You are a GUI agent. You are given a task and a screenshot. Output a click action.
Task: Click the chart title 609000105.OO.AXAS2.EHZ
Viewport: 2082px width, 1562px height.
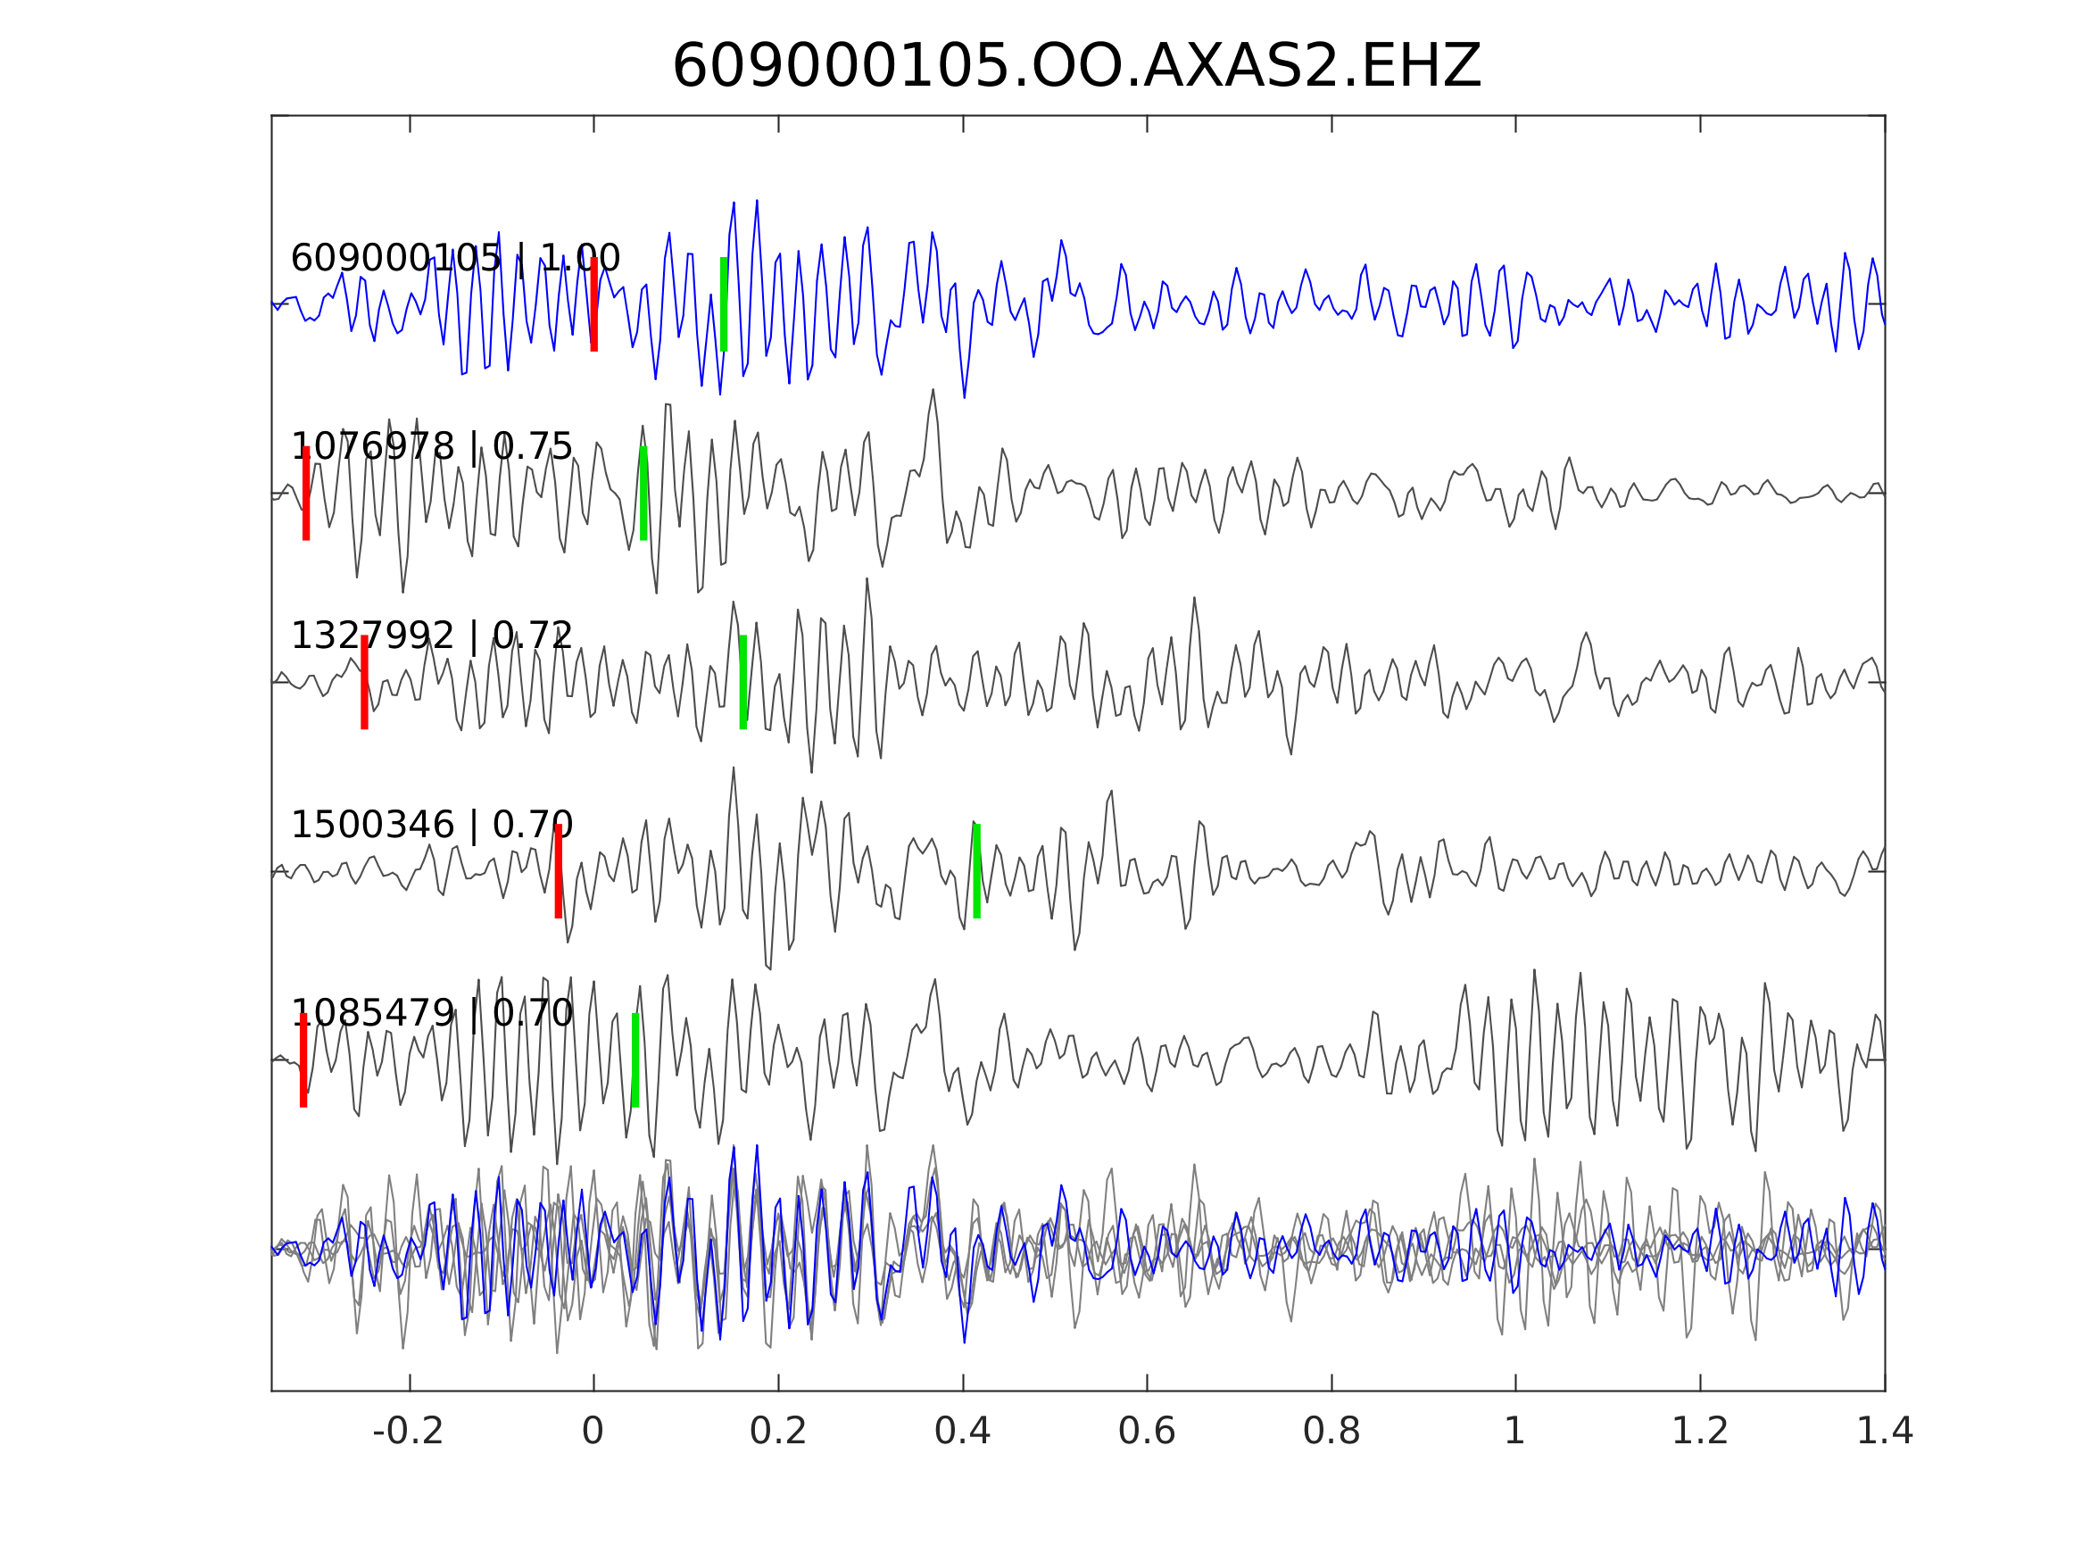coord(1076,67)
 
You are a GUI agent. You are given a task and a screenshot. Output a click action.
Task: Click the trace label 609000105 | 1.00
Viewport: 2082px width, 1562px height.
coord(454,258)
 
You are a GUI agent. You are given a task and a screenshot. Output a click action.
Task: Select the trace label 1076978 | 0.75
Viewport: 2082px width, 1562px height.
coord(431,446)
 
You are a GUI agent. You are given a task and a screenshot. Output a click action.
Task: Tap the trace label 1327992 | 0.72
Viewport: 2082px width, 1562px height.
coord(431,636)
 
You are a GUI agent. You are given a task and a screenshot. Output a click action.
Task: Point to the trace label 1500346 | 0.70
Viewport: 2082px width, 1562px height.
coord(431,825)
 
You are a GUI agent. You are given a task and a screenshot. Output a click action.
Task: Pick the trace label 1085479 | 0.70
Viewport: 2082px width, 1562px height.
coord(431,1013)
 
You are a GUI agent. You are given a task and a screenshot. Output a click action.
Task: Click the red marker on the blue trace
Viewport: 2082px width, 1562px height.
coord(594,304)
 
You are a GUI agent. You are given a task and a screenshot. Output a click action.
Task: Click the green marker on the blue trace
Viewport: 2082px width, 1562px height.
coord(724,304)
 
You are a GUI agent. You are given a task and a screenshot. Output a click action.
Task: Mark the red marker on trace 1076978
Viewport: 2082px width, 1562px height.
coord(306,494)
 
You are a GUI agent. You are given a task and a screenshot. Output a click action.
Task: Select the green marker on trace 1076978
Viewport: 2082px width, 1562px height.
coord(643,494)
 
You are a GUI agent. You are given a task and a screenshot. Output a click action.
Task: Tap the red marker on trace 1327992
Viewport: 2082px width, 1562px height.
coord(364,682)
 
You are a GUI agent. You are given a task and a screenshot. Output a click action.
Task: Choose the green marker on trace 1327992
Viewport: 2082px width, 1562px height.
coord(742,682)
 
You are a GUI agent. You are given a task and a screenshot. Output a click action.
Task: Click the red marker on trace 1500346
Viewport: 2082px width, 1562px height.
coord(558,871)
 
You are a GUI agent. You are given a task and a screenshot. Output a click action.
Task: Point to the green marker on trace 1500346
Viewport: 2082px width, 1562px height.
coord(977,871)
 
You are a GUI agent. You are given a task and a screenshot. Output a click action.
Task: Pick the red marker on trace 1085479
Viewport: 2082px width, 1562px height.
coord(303,1060)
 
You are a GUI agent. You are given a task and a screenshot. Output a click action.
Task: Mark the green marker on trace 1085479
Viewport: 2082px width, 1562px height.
coord(635,1060)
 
